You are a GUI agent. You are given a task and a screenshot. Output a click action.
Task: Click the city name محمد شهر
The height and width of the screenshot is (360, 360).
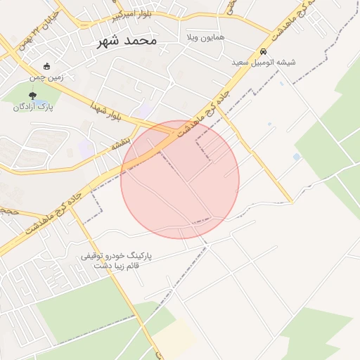click(127, 40)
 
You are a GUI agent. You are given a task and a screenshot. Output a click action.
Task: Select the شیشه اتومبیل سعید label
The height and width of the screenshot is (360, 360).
click(264, 63)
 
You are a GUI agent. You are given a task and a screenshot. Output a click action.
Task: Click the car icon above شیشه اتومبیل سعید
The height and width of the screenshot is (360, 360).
click(263, 51)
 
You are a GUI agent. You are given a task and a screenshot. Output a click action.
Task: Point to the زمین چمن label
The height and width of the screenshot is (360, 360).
click(46, 77)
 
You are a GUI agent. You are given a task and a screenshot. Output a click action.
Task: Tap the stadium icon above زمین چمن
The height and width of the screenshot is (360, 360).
click(46, 66)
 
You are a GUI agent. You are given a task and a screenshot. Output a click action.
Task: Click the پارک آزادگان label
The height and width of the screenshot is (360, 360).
click(33, 108)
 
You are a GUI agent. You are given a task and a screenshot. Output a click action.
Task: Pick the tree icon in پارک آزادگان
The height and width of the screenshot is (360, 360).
click(32, 96)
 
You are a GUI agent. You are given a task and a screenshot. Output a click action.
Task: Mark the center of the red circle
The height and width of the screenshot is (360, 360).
click(180, 179)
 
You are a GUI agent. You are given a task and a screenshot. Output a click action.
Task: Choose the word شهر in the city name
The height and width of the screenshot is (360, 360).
click(111, 40)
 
